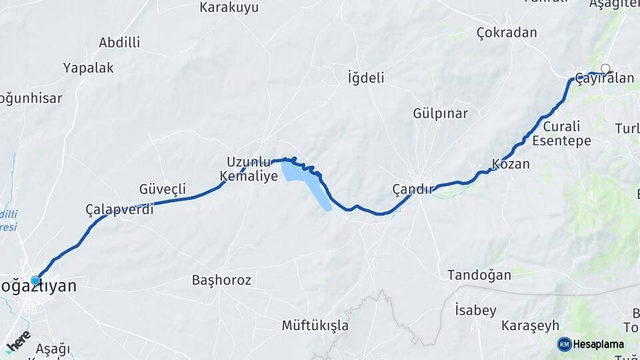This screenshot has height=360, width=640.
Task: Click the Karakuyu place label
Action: point(229,8)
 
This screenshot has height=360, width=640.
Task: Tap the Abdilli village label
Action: point(119,43)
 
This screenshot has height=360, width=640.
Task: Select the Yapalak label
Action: point(88,68)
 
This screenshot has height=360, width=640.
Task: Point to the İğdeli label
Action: point(366,78)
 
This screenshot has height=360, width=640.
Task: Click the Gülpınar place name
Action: point(440,113)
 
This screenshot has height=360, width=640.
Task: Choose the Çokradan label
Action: point(507,33)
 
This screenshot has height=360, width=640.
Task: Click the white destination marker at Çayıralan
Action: point(605,68)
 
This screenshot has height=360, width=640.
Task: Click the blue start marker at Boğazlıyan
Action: point(35,281)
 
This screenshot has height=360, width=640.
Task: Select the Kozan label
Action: point(511,164)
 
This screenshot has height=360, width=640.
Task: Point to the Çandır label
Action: point(413,189)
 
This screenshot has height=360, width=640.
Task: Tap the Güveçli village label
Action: point(162,189)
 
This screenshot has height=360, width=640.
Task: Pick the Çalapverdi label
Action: point(119,209)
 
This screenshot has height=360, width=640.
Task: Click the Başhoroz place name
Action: point(221,281)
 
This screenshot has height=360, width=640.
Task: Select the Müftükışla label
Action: point(315,326)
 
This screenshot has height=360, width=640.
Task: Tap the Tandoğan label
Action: point(479,275)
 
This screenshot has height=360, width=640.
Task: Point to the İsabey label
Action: point(475,310)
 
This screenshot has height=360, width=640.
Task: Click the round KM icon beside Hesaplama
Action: point(565,344)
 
